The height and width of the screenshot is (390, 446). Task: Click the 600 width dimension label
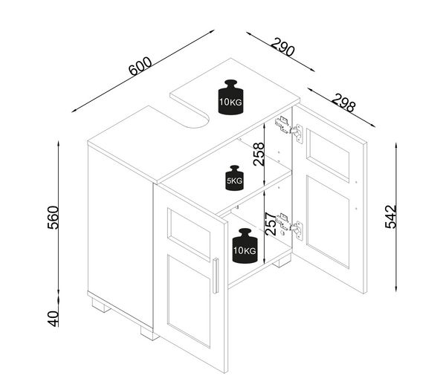140,67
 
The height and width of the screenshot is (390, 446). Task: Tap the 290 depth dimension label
282,47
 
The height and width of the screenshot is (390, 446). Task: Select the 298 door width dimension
344,103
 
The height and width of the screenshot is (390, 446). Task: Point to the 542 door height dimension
391,217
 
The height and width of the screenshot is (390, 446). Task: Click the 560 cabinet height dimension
53,218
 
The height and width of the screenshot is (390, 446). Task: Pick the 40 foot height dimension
53,319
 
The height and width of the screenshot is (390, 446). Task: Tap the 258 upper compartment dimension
259,155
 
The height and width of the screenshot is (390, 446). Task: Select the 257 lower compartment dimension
271,224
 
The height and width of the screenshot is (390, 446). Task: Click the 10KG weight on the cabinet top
230,97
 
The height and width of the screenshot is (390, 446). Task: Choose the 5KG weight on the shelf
235,178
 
